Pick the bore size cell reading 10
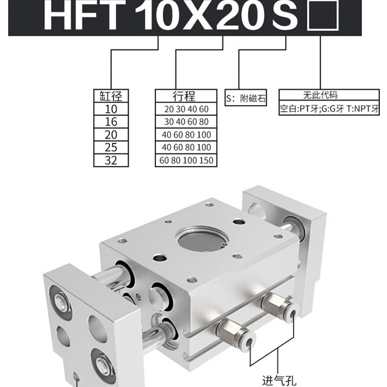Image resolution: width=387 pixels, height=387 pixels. click(111, 109)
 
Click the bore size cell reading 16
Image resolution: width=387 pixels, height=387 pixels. click(111, 121)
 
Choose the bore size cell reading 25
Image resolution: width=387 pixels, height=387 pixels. click(111, 147)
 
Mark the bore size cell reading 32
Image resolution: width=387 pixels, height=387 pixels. click(111, 160)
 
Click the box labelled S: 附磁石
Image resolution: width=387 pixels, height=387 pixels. click(246, 99)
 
